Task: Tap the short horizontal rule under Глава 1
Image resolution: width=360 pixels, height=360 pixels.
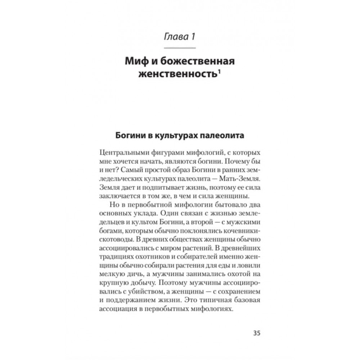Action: (x=180, y=48)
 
